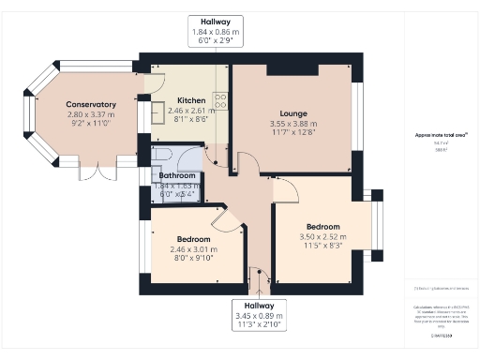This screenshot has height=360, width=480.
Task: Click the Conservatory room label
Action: pos(91,104)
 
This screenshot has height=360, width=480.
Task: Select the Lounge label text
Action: pos(293,112)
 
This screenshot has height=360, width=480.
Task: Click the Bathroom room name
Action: pos(176,175)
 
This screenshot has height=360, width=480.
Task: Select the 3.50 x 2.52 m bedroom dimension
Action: pos(321,237)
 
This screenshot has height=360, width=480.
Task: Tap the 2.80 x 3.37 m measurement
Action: pos(91,114)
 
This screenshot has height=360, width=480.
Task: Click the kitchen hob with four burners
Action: pos(219,98)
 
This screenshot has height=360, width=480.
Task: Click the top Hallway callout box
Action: pos(215,30)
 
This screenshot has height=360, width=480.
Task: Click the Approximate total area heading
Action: pos(441,135)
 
